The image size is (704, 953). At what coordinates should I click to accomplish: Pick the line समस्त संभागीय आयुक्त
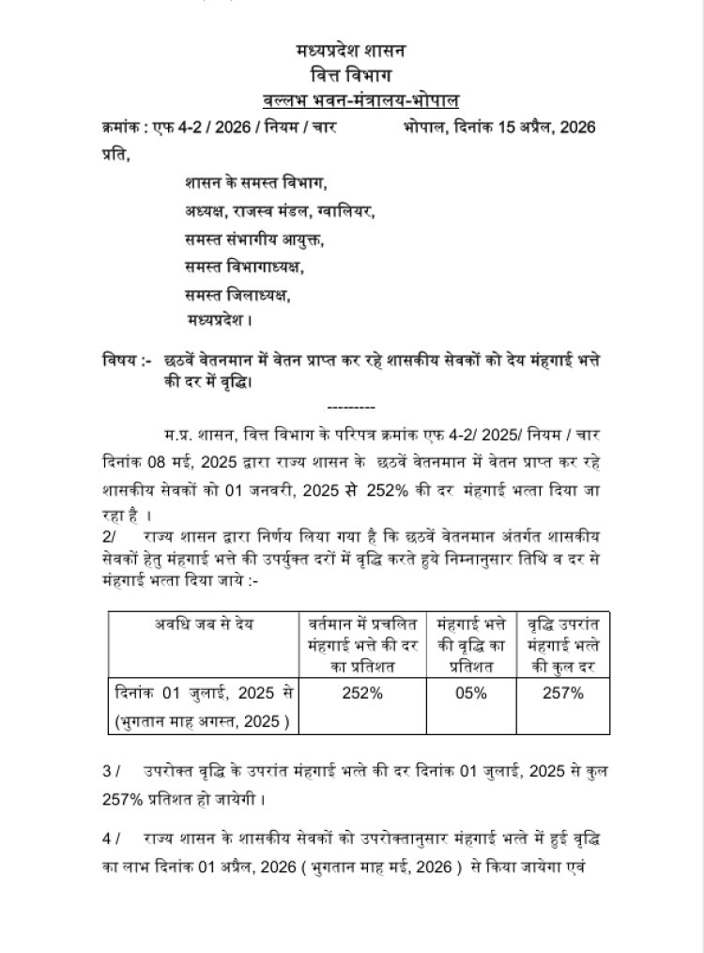point(253,239)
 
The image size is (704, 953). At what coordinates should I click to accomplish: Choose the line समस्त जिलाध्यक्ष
point(237,295)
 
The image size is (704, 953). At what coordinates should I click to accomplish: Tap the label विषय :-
point(126,360)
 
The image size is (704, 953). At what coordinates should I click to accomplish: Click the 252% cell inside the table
point(362,694)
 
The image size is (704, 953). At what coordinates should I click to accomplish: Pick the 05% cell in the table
point(470,694)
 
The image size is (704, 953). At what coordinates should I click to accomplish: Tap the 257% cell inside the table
point(563,694)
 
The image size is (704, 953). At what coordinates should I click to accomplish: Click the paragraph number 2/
point(111,534)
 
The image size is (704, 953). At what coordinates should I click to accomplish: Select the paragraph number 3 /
point(113,772)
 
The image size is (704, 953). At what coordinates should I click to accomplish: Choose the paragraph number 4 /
point(113,835)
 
